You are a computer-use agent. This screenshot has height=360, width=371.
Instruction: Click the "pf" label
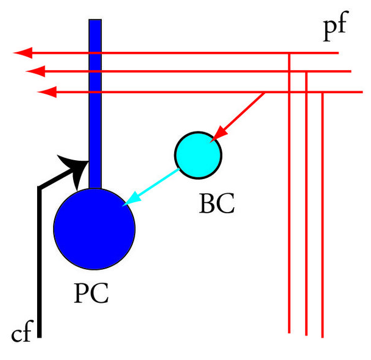[336, 31]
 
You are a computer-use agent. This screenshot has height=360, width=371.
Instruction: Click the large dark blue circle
[94, 226]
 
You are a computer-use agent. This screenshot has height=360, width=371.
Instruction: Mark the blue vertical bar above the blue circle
[95, 104]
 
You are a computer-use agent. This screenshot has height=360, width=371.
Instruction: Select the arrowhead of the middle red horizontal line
[35, 72]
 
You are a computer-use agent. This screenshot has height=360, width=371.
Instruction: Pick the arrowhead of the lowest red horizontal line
[47, 92]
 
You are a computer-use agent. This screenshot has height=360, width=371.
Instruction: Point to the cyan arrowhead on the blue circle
[129, 202]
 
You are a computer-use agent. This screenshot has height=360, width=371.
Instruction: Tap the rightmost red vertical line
[322, 213]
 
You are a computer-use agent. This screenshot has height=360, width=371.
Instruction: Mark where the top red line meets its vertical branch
[289, 54]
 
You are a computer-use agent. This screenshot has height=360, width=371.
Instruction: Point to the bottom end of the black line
[40, 334]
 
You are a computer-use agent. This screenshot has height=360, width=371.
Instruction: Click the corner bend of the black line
[40, 188]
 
